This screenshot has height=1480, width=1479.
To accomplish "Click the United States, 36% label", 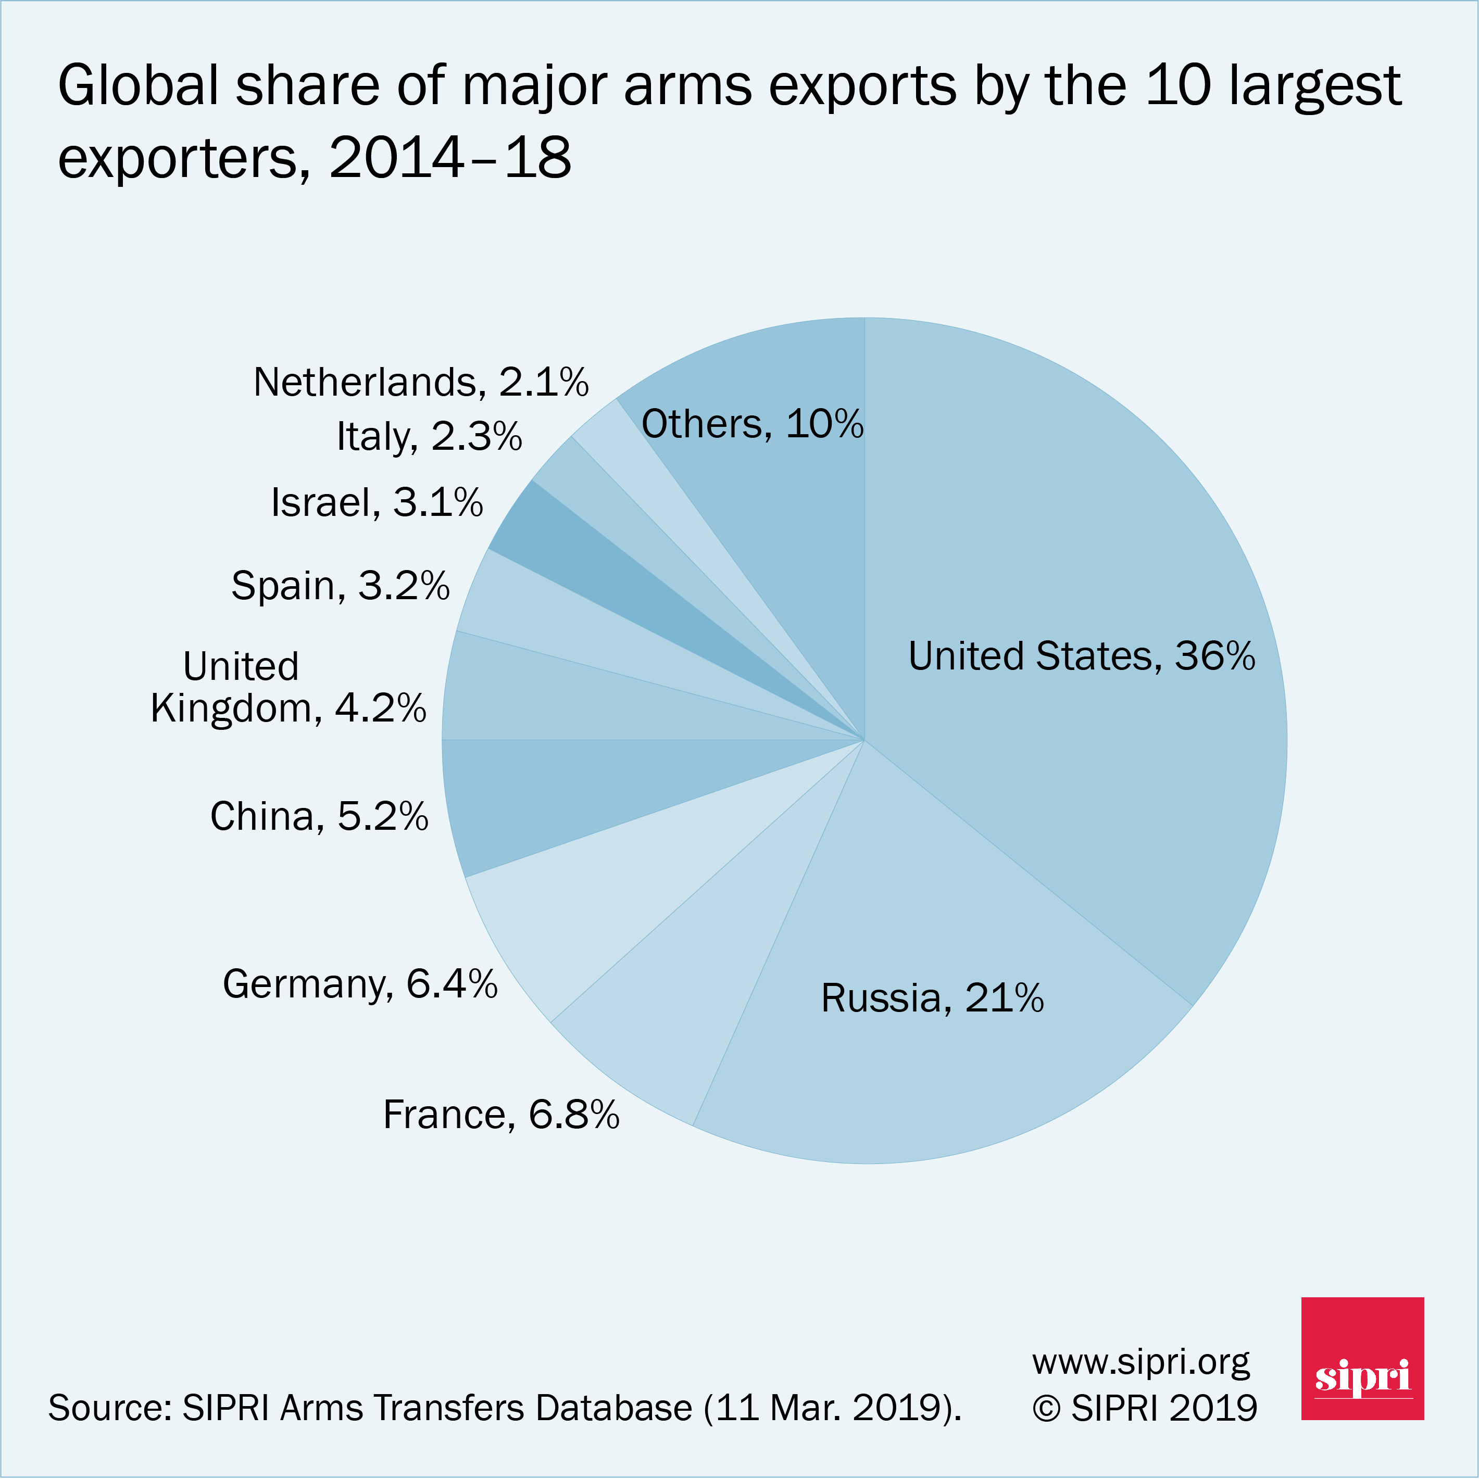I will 1081,656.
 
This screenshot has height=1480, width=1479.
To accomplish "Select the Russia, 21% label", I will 932,998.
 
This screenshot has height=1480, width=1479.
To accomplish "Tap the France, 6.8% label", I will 500,1115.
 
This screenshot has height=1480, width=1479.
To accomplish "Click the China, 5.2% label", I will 319,817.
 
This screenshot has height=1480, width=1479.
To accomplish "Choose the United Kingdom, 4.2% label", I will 287,688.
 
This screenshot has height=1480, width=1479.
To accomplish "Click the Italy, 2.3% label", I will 429,437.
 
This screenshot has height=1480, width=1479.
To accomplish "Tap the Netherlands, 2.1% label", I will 421,382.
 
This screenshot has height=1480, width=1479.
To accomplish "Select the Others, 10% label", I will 752,424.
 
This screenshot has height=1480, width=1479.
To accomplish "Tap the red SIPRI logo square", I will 1362,1358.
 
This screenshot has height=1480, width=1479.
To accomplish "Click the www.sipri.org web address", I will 1140,1362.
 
